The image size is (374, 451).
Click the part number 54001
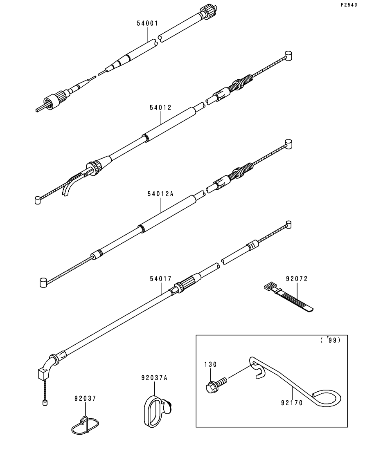(x=147, y=23)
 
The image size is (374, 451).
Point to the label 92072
(x=297, y=279)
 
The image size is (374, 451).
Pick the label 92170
(x=292, y=403)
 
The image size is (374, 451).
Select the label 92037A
(x=152, y=378)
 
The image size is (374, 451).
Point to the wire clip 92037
(x=86, y=425)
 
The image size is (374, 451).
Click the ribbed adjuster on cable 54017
(x=185, y=285)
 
